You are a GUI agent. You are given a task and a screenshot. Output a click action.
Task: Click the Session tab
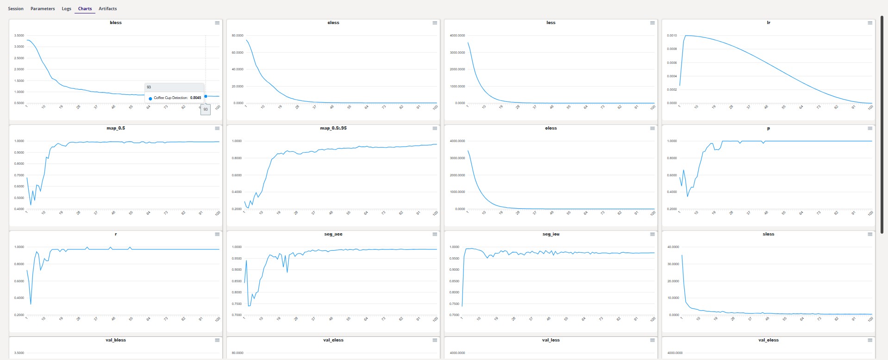[x=16, y=9]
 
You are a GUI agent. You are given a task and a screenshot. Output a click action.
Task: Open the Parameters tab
[x=43, y=9]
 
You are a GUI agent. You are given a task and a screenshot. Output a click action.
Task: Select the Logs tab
[x=67, y=9]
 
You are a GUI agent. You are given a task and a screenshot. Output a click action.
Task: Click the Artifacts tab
[x=107, y=9]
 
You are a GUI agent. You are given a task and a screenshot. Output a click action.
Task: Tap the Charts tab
[x=85, y=9]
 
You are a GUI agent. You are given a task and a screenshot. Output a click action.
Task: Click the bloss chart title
[x=116, y=23]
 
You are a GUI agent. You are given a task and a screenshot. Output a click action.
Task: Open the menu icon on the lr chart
[x=870, y=23]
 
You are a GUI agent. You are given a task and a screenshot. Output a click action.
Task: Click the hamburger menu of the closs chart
[x=435, y=23]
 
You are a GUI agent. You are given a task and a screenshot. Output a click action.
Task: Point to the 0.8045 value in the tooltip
[x=195, y=98]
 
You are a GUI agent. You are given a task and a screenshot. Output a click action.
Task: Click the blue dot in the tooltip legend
[x=150, y=99]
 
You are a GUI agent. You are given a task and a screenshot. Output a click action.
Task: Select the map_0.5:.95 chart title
[x=333, y=128]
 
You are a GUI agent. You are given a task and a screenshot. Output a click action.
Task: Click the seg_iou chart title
[x=551, y=234]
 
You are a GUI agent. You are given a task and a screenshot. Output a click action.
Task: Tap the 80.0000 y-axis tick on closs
[x=238, y=36]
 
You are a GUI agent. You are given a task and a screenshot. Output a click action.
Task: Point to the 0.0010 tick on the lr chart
[x=672, y=36]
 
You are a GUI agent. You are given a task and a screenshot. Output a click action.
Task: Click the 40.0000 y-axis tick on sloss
[x=673, y=247]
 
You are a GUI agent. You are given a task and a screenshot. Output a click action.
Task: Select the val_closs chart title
[x=333, y=340]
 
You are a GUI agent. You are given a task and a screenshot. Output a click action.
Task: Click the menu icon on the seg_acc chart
[x=435, y=234]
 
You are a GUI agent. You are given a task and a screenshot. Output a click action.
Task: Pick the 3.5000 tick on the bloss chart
[x=19, y=36]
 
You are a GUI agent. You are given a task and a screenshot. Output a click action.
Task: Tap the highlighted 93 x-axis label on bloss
[x=206, y=109]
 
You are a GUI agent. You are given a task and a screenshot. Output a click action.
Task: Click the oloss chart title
[x=551, y=128]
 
